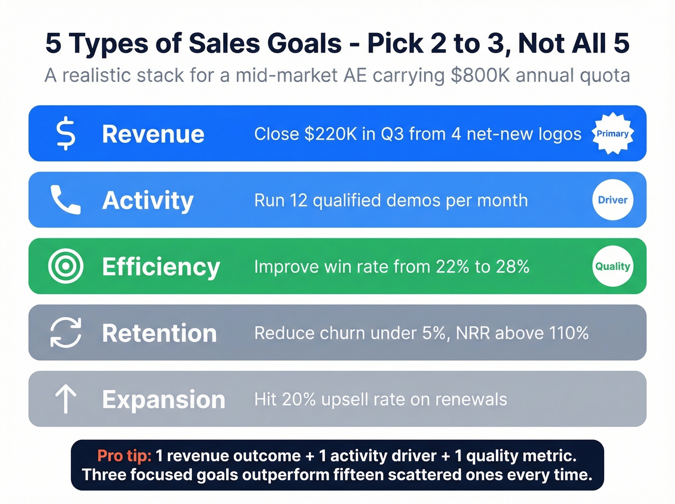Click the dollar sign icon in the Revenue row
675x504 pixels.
pyautogui.click(x=66, y=134)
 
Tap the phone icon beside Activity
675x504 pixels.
pyautogui.click(x=66, y=200)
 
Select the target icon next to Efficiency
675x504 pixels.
pyautogui.click(x=66, y=266)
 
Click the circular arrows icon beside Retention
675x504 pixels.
pyautogui.click(x=66, y=332)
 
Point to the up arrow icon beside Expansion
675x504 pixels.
pyautogui.click(x=66, y=399)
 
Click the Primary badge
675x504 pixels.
pyautogui.click(x=612, y=134)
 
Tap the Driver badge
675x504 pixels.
pyautogui.click(x=612, y=200)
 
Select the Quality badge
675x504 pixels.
pyautogui.click(x=612, y=266)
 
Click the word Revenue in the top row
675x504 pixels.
pyautogui.click(x=153, y=134)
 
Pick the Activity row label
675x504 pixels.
pyautogui.click(x=148, y=200)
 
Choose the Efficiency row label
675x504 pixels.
pyautogui.click(x=161, y=267)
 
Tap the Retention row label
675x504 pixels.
pyautogui.click(x=160, y=333)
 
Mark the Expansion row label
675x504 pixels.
pyautogui.click(x=163, y=399)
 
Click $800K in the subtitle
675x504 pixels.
pyautogui.click(x=480, y=75)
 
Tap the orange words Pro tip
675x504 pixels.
pyautogui.click(x=124, y=456)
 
